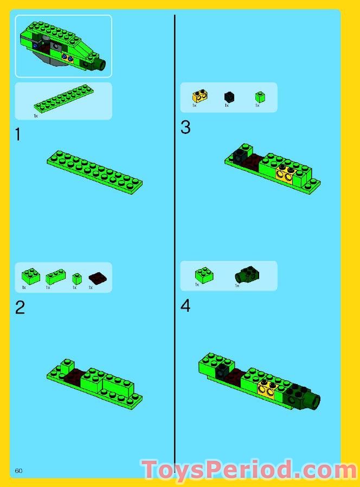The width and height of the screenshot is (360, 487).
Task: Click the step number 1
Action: point(18,134)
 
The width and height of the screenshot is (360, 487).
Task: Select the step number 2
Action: point(20,307)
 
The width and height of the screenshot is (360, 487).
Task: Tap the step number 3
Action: point(185,127)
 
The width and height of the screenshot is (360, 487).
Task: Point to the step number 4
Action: point(185,306)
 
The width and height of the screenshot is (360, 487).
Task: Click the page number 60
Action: point(18,471)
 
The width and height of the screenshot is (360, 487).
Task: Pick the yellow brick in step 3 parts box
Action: point(200,97)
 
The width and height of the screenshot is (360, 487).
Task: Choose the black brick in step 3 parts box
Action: point(229,97)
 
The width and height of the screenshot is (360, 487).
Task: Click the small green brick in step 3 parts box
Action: point(260,97)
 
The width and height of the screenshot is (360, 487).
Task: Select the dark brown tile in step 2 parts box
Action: point(98,278)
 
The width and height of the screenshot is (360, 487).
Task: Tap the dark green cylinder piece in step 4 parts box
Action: point(247,274)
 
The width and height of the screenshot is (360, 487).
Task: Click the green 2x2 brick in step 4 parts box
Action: point(204,275)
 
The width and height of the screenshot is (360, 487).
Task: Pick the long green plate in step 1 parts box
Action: point(63,98)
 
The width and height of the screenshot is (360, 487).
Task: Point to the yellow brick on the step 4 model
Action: point(266,390)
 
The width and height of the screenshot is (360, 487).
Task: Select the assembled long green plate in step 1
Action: point(95,172)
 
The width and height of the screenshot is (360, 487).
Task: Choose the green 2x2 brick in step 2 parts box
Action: point(31,276)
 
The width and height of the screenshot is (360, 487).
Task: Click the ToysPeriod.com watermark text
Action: point(249,469)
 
